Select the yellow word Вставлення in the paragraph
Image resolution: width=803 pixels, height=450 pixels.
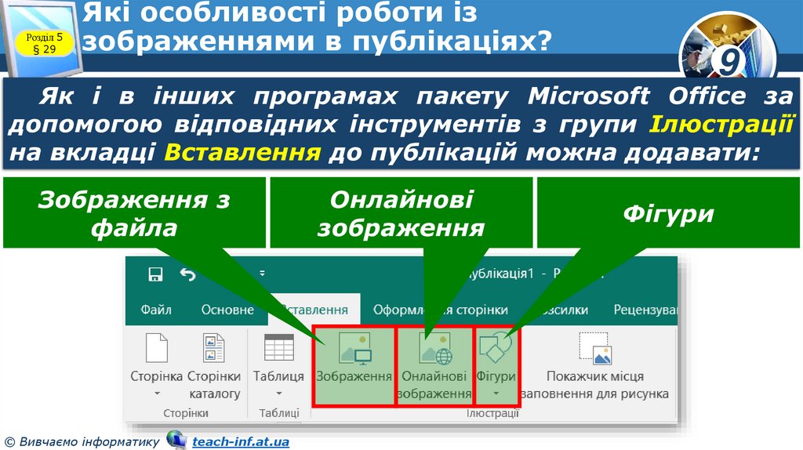coord(243,152)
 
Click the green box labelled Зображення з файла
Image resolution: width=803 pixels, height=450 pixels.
coord(134,213)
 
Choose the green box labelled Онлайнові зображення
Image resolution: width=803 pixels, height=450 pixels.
coord(401,213)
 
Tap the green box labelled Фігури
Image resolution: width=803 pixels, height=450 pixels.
coord(668,213)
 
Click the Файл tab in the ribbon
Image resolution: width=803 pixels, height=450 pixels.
coord(156,310)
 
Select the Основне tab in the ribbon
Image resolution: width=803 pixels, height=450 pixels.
coord(227,310)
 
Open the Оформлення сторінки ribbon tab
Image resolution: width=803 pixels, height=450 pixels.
coord(440,310)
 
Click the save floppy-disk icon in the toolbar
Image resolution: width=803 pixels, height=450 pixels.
coord(155,274)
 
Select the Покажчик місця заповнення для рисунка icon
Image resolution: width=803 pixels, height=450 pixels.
coord(595,349)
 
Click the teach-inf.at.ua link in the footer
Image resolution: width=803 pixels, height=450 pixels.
coord(241,442)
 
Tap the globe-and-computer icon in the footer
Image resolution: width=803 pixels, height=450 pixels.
coord(176,441)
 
